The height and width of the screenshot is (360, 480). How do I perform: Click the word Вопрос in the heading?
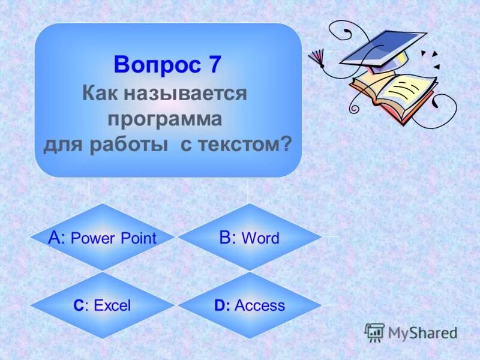tap(157, 65)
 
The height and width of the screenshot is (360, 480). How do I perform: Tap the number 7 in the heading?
tap(214, 65)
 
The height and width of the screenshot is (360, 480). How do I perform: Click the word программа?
tap(165, 119)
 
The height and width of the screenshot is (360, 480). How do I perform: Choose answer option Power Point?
tap(113, 238)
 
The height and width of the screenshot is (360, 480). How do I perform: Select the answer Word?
tap(260, 238)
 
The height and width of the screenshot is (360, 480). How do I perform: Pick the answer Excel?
tap(112, 305)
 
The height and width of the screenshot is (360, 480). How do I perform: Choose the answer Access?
tap(260, 305)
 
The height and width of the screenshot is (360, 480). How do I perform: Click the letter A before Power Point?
tap(56, 238)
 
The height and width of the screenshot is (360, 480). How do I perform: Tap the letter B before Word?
tap(226, 238)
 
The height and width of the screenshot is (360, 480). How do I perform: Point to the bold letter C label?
tap(79, 305)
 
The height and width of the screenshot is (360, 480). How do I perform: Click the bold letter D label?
tap(220, 305)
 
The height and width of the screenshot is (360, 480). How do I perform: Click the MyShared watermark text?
tap(422, 332)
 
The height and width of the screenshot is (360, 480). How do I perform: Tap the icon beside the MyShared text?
tap(374, 332)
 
